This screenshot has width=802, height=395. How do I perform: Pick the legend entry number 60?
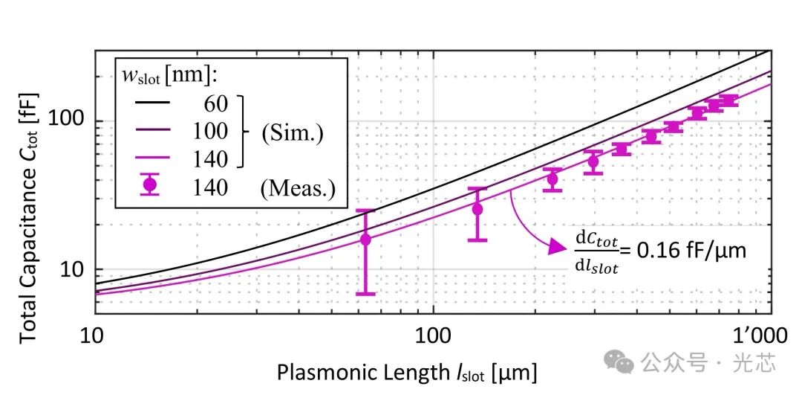(x=215, y=103)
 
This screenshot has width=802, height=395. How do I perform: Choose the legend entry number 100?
(x=209, y=131)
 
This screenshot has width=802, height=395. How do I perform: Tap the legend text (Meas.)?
(x=297, y=187)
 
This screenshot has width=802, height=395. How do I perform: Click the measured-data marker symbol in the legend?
(x=151, y=186)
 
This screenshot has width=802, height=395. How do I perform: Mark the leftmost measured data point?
(x=365, y=239)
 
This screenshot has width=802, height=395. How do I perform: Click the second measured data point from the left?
(x=477, y=209)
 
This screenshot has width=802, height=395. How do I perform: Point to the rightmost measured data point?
(x=728, y=100)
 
